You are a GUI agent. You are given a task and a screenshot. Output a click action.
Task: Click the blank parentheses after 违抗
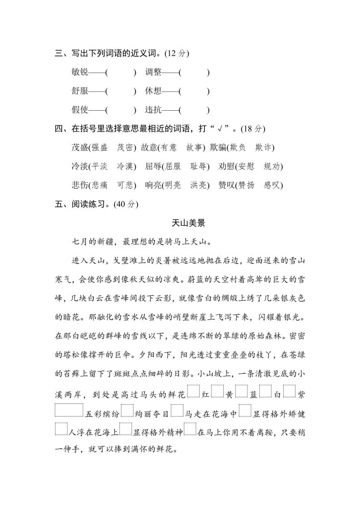[x=194, y=110]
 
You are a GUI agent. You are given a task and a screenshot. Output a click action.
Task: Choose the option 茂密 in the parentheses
[x=126, y=147]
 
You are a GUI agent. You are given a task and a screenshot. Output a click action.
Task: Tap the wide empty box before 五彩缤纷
[x=69, y=410]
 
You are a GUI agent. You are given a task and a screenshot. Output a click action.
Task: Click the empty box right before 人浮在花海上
[x=60, y=429]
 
